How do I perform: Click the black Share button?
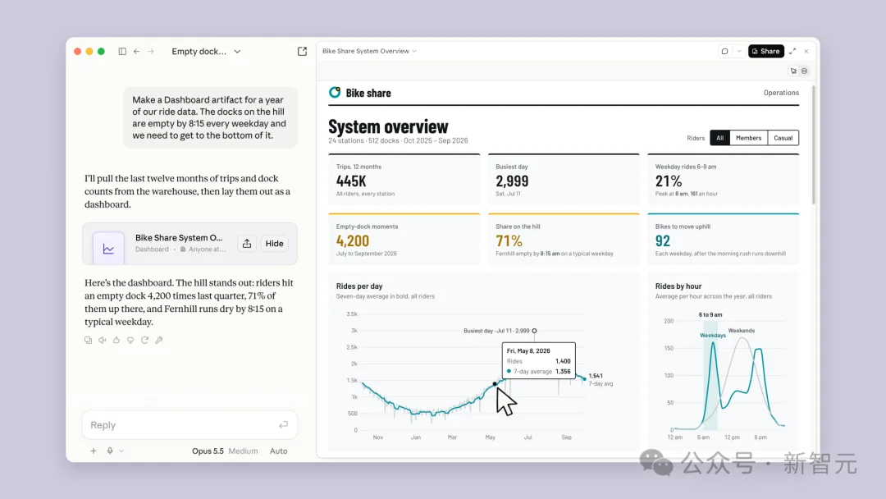765,51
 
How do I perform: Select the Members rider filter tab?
748,138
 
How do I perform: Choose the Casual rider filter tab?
783,138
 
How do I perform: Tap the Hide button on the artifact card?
274,244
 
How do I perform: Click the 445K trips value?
351,181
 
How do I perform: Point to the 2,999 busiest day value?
512,181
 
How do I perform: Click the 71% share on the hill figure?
509,240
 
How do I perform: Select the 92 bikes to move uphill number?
662,240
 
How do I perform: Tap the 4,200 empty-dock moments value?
353,240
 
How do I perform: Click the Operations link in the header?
781,93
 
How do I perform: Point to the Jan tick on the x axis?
415,437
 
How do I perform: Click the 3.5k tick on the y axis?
352,314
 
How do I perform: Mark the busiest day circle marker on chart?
534,331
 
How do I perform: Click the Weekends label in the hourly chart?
741,331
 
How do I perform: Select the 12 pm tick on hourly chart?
732,437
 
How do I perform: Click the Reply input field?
190,425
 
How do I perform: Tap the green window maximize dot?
101,52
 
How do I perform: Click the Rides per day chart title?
359,286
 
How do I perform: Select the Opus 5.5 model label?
208,451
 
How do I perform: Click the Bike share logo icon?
335,92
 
